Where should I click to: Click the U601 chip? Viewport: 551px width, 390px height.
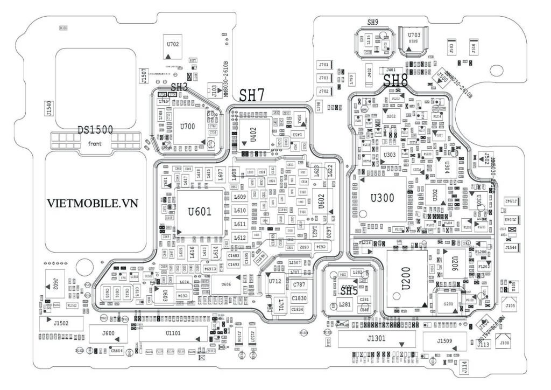(x=199, y=211)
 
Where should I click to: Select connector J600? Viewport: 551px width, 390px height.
(x=108, y=334)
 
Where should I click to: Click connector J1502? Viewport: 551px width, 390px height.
(x=61, y=323)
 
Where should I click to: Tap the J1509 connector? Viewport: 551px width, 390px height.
(x=444, y=341)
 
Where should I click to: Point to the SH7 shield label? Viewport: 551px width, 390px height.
(x=252, y=96)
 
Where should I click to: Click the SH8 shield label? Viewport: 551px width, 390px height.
(x=395, y=81)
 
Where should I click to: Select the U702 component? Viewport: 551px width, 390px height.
(x=173, y=47)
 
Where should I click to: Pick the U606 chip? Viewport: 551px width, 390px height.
(x=226, y=285)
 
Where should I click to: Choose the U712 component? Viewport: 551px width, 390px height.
(x=275, y=282)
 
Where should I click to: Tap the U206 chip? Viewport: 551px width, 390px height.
(x=454, y=263)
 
